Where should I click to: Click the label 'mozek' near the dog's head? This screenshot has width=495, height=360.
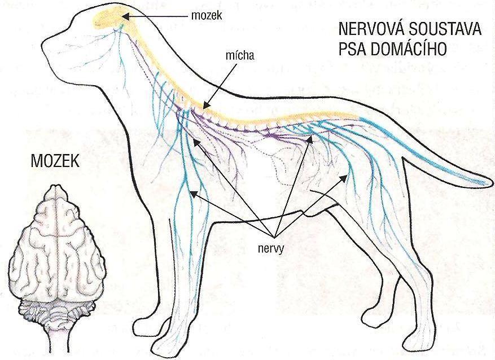pos(207,16)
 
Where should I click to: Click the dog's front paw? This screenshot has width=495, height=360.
pos(169,345)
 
